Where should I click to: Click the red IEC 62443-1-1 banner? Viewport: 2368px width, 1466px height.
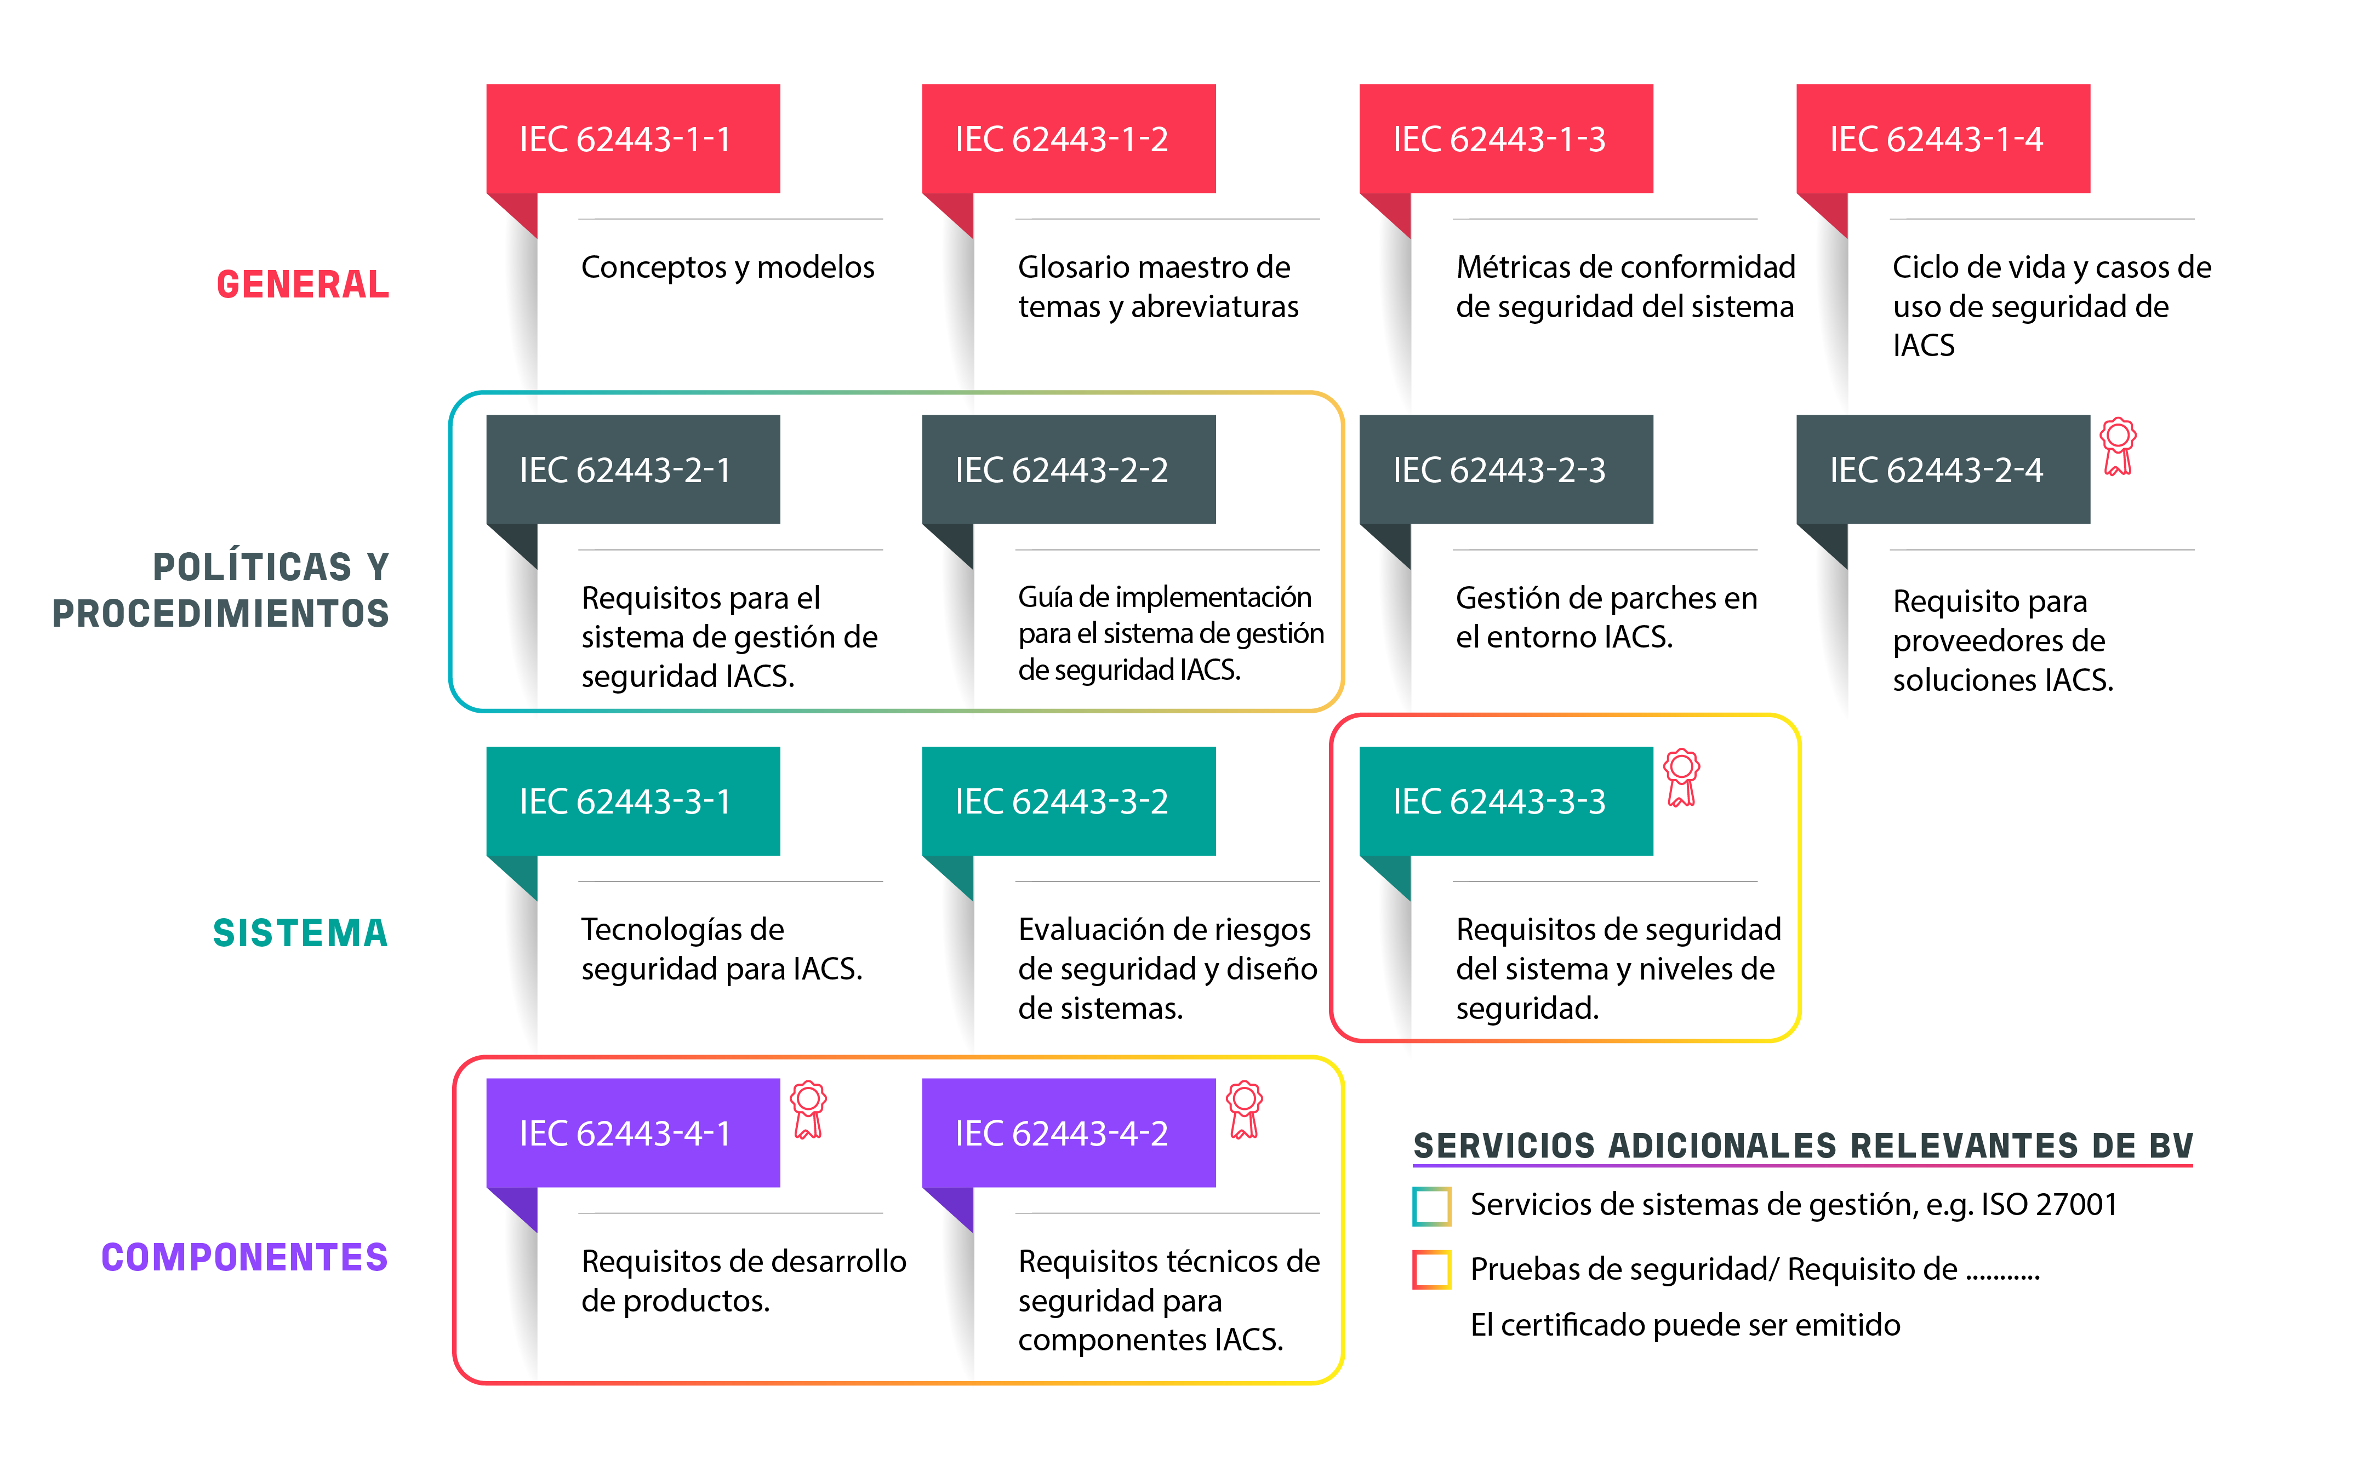tap(632, 139)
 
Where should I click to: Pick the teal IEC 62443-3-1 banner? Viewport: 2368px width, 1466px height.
tap(632, 801)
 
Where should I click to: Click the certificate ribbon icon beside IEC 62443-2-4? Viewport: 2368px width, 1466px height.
tap(2118, 446)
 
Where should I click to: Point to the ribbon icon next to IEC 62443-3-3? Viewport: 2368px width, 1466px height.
tap(1681, 777)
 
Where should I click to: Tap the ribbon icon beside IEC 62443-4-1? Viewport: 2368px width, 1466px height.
tap(808, 1109)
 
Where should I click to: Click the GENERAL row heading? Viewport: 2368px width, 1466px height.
tap(303, 284)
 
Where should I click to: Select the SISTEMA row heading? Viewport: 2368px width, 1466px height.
tap(301, 933)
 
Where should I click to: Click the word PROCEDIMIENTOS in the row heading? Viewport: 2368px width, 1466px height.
tap(221, 614)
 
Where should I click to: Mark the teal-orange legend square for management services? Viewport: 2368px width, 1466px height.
tap(1432, 1206)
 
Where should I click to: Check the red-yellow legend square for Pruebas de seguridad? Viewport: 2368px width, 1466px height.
tap(1432, 1270)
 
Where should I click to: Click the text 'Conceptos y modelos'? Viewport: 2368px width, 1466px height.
tap(727, 267)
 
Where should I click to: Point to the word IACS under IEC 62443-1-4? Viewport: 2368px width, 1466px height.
tap(1923, 345)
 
